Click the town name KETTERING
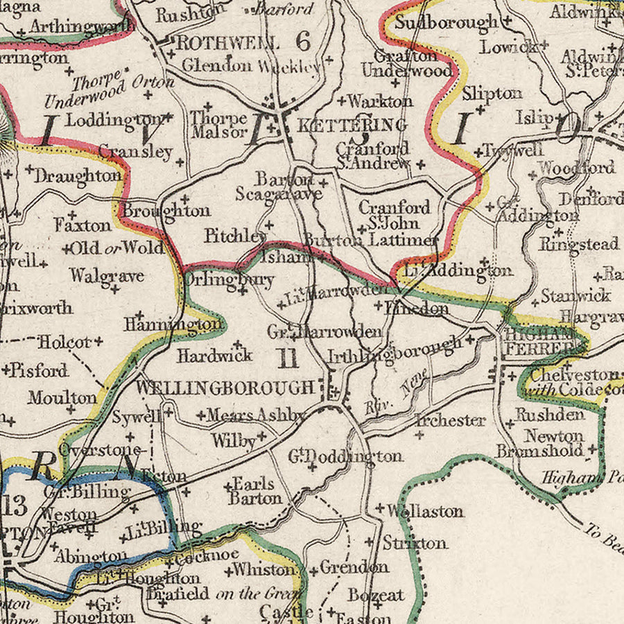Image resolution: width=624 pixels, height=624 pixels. click(x=352, y=125)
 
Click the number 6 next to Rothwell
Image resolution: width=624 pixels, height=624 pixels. click(x=303, y=42)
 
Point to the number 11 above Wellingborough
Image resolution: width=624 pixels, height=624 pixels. click(x=288, y=358)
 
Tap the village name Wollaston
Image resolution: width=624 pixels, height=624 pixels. click(x=424, y=512)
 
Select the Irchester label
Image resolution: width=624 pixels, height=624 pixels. click(x=451, y=420)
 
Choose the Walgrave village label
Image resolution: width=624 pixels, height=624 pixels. click(x=107, y=276)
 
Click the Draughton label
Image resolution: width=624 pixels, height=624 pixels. click(x=78, y=176)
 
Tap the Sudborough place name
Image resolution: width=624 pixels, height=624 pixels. click(x=446, y=22)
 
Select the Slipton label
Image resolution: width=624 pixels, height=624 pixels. click(x=492, y=93)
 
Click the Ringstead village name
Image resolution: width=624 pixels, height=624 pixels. click(x=579, y=244)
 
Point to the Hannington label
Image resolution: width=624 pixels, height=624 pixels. click(x=174, y=324)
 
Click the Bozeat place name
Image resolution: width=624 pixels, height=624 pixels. click(x=376, y=595)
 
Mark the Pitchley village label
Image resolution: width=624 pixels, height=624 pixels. click(x=235, y=236)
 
